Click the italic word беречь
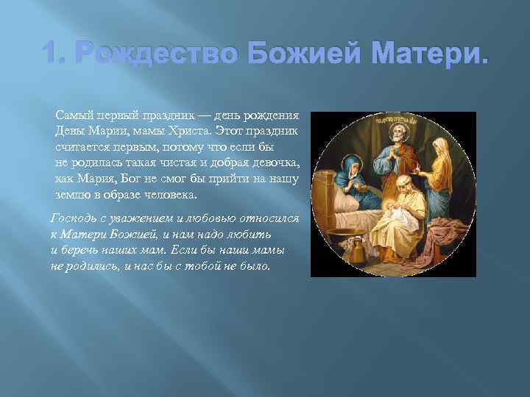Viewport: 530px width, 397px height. click(77, 248)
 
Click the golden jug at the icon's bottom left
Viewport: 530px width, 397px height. click(347, 257)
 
